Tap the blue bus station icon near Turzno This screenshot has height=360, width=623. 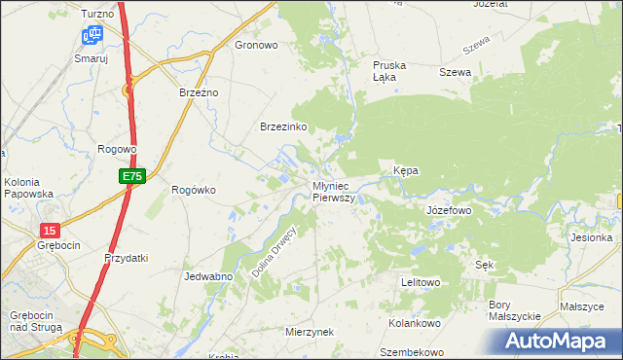[92, 36]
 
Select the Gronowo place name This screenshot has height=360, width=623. [257, 45]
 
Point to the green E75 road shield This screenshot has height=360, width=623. [133, 176]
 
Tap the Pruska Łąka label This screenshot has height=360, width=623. [389, 71]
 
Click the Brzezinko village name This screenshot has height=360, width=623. [283, 127]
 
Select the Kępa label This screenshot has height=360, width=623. [406, 170]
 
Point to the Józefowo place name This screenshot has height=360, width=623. [449, 210]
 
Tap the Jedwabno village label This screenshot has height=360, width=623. [206, 276]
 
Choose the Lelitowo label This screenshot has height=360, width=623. [421, 282]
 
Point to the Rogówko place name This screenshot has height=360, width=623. [193, 190]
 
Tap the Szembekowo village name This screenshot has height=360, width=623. [412, 352]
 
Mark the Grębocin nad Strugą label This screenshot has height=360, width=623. [35, 322]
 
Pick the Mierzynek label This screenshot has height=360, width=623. [310, 332]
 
